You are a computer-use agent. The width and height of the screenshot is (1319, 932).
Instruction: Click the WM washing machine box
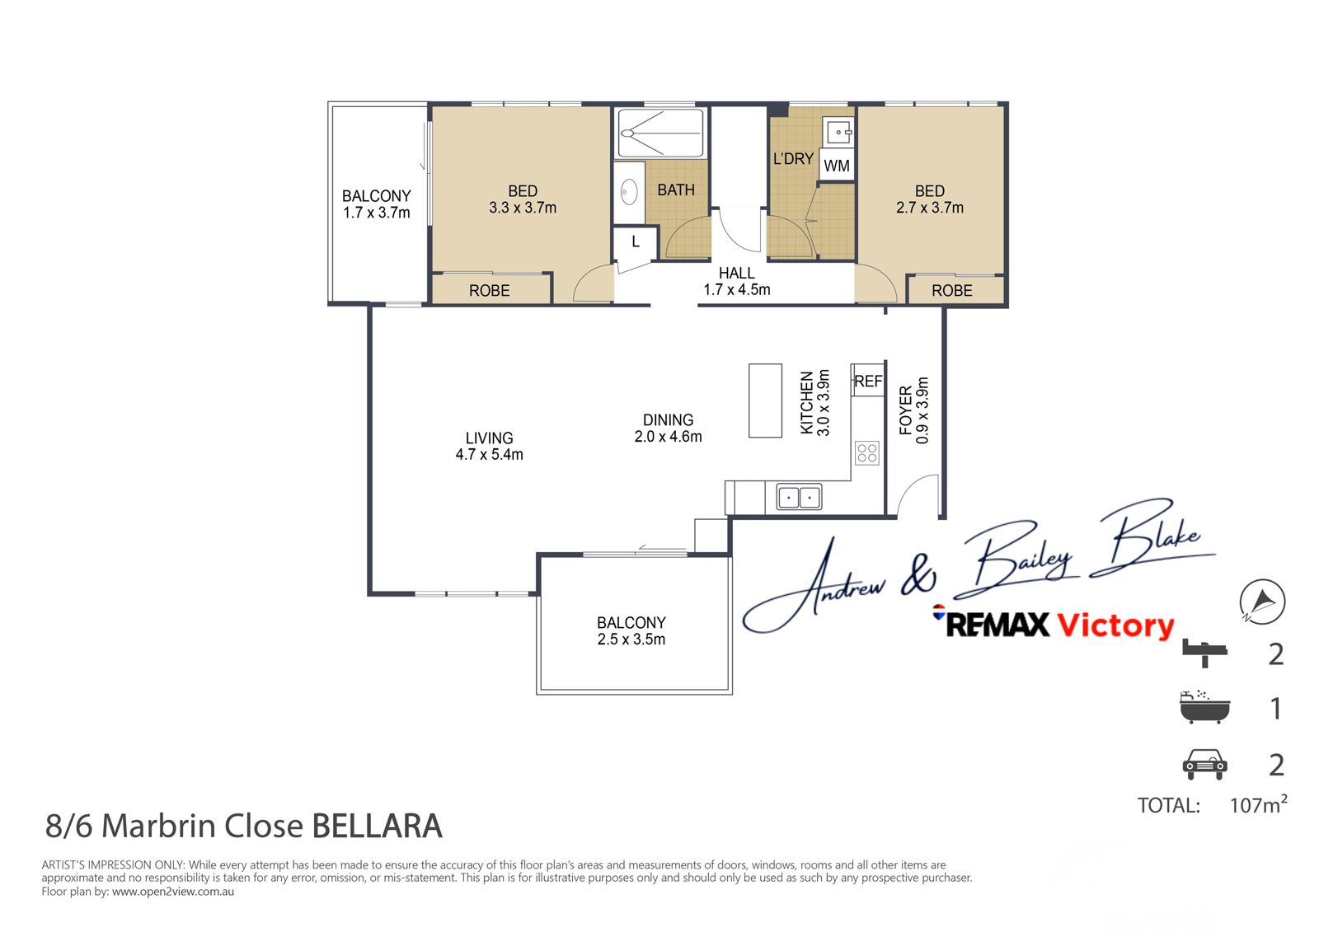click(837, 166)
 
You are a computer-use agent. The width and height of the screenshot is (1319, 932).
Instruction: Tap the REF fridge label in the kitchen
click(869, 382)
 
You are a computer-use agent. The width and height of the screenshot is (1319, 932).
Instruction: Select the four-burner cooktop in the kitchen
click(867, 452)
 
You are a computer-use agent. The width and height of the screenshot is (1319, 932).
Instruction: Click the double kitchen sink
click(799, 497)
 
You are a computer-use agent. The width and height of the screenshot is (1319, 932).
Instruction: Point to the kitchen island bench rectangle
click(766, 400)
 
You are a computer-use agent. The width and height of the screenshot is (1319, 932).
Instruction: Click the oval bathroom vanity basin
click(629, 191)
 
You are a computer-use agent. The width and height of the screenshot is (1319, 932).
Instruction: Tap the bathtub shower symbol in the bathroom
click(660, 133)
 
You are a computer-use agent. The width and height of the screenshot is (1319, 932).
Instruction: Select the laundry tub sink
click(838, 133)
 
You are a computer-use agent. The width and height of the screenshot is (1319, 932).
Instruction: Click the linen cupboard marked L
click(635, 243)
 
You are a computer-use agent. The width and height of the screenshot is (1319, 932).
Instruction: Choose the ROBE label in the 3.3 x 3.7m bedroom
click(490, 291)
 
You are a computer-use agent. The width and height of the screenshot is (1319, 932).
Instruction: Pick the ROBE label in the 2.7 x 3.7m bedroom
click(952, 291)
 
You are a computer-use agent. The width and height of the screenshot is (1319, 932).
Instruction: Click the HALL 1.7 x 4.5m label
click(737, 282)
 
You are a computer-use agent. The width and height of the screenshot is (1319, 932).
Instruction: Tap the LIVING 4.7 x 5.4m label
click(490, 447)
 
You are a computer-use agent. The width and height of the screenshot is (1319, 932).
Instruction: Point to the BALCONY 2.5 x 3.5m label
click(631, 631)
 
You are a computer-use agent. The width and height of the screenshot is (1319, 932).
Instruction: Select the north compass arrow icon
click(1262, 602)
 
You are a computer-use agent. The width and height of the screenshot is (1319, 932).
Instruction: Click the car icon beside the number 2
click(1204, 764)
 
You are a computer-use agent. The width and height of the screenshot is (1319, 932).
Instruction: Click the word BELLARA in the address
click(377, 826)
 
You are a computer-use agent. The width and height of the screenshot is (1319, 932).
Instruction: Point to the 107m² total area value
click(1258, 804)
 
